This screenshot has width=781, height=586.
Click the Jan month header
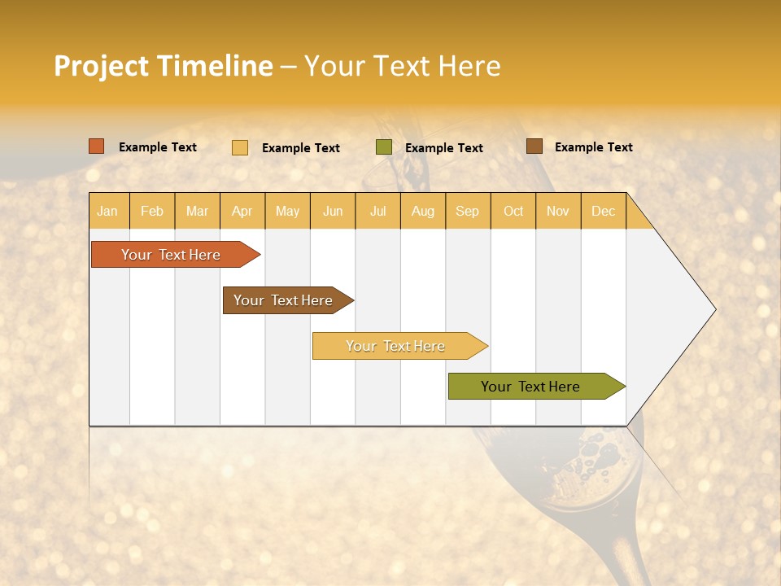[108, 211]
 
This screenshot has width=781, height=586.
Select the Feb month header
[152, 211]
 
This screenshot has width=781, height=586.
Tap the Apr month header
[242, 211]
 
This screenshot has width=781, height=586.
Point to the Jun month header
[333, 211]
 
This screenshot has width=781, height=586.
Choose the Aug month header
[423, 211]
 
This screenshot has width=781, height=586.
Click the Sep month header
[468, 211]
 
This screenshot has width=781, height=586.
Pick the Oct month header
[513, 211]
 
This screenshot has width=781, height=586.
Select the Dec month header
[604, 211]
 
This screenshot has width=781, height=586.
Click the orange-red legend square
[97, 146]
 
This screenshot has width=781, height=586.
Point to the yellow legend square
[240, 147]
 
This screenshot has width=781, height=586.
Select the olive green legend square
[384, 147]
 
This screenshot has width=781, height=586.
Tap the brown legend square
[534, 146]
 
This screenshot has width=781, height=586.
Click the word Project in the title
[103, 66]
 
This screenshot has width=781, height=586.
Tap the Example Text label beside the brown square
[593, 146]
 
